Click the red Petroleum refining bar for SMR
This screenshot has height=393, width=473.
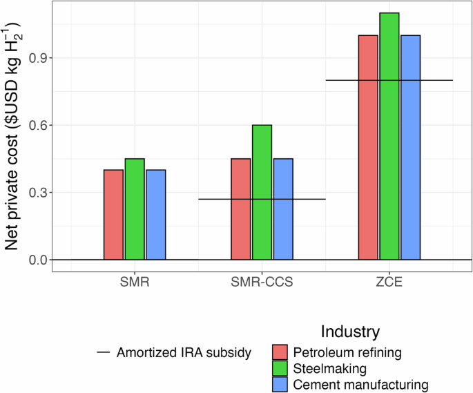114,215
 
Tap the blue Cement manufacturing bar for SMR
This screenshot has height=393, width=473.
156,215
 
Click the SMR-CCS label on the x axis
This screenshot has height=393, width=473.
262,283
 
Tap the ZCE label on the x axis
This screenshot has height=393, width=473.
389,283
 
